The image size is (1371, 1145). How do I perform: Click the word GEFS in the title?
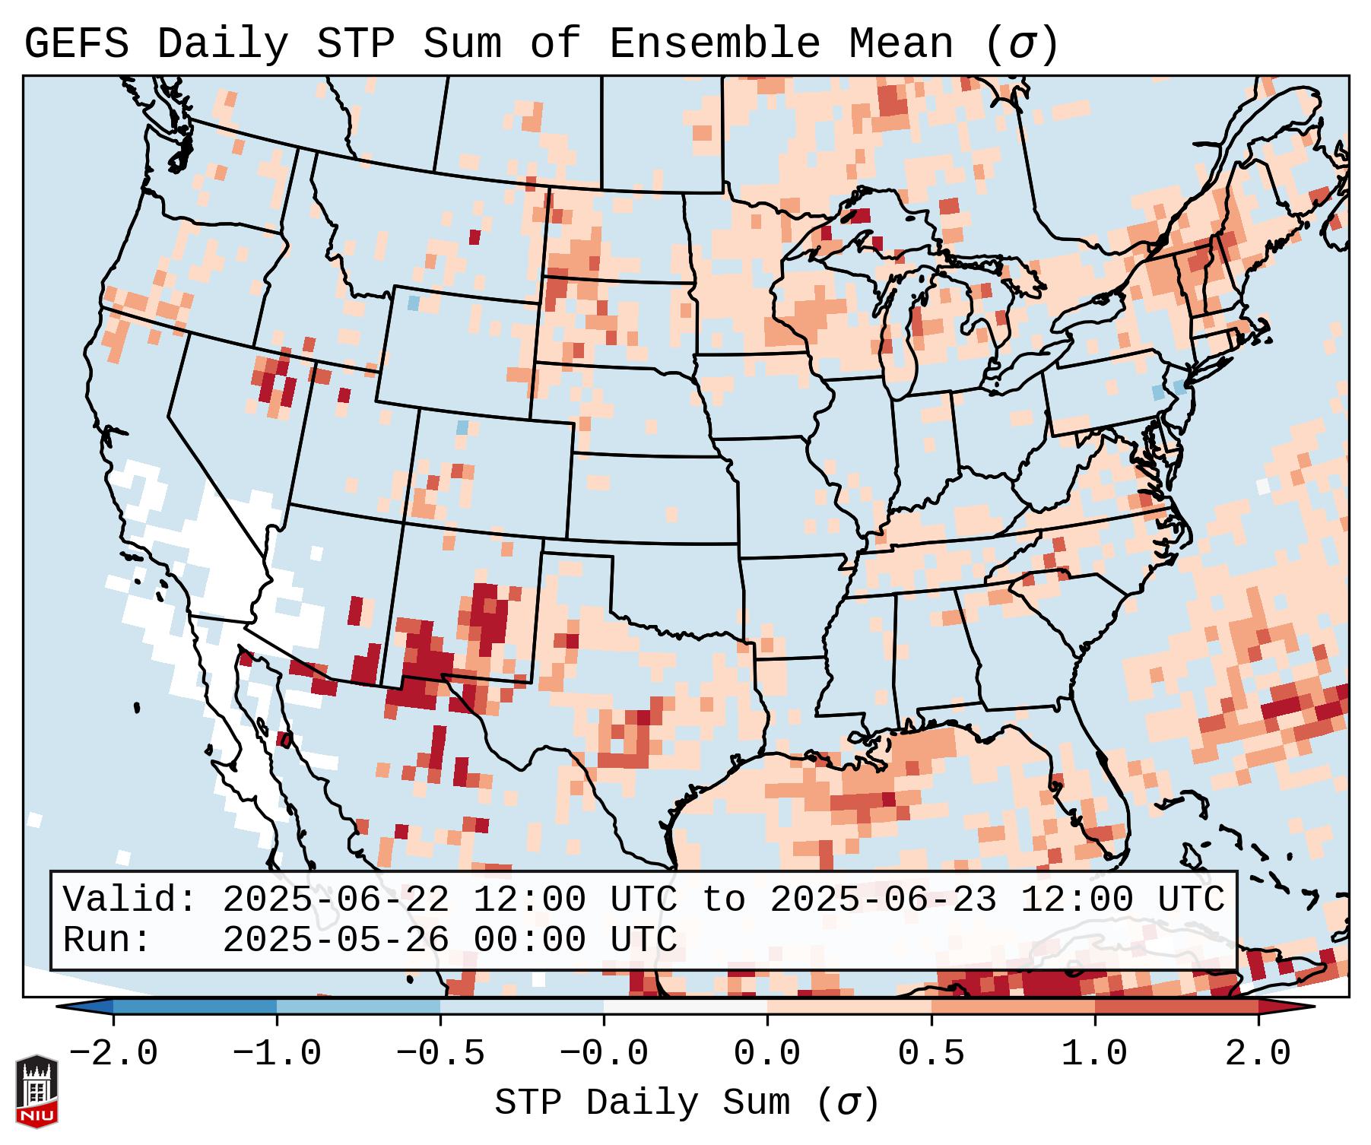[77, 44]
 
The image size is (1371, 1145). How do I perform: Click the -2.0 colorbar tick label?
[113, 1054]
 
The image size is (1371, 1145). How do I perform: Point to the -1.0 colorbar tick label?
[277, 1054]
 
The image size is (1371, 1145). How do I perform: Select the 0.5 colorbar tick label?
[931, 1054]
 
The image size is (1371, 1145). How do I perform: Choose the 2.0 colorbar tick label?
[1258, 1054]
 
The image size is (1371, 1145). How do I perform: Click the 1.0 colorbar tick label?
[1094, 1054]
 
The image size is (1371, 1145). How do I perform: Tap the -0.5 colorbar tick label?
[440, 1054]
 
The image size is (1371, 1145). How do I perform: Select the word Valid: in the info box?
[130, 900]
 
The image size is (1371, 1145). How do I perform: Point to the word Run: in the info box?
[107, 940]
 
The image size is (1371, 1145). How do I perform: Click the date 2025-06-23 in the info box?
[883, 900]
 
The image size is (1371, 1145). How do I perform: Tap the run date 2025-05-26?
[335, 940]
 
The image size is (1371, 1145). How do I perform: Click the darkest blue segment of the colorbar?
[195, 1007]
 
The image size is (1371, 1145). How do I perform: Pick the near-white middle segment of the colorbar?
[685, 1007]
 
